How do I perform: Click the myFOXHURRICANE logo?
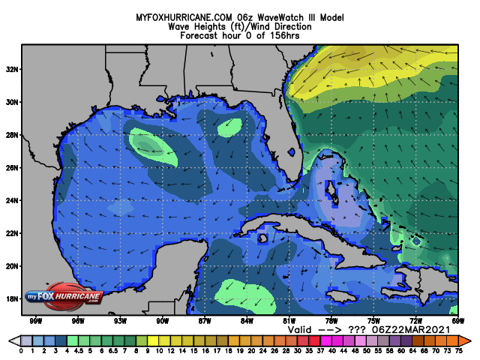tap(64, 297)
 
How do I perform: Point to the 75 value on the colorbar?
tap(457, 350)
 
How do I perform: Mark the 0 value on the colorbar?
tap(21, 350)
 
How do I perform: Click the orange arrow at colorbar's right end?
tap(464, 340)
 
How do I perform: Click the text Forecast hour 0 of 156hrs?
tap(240, 35)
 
